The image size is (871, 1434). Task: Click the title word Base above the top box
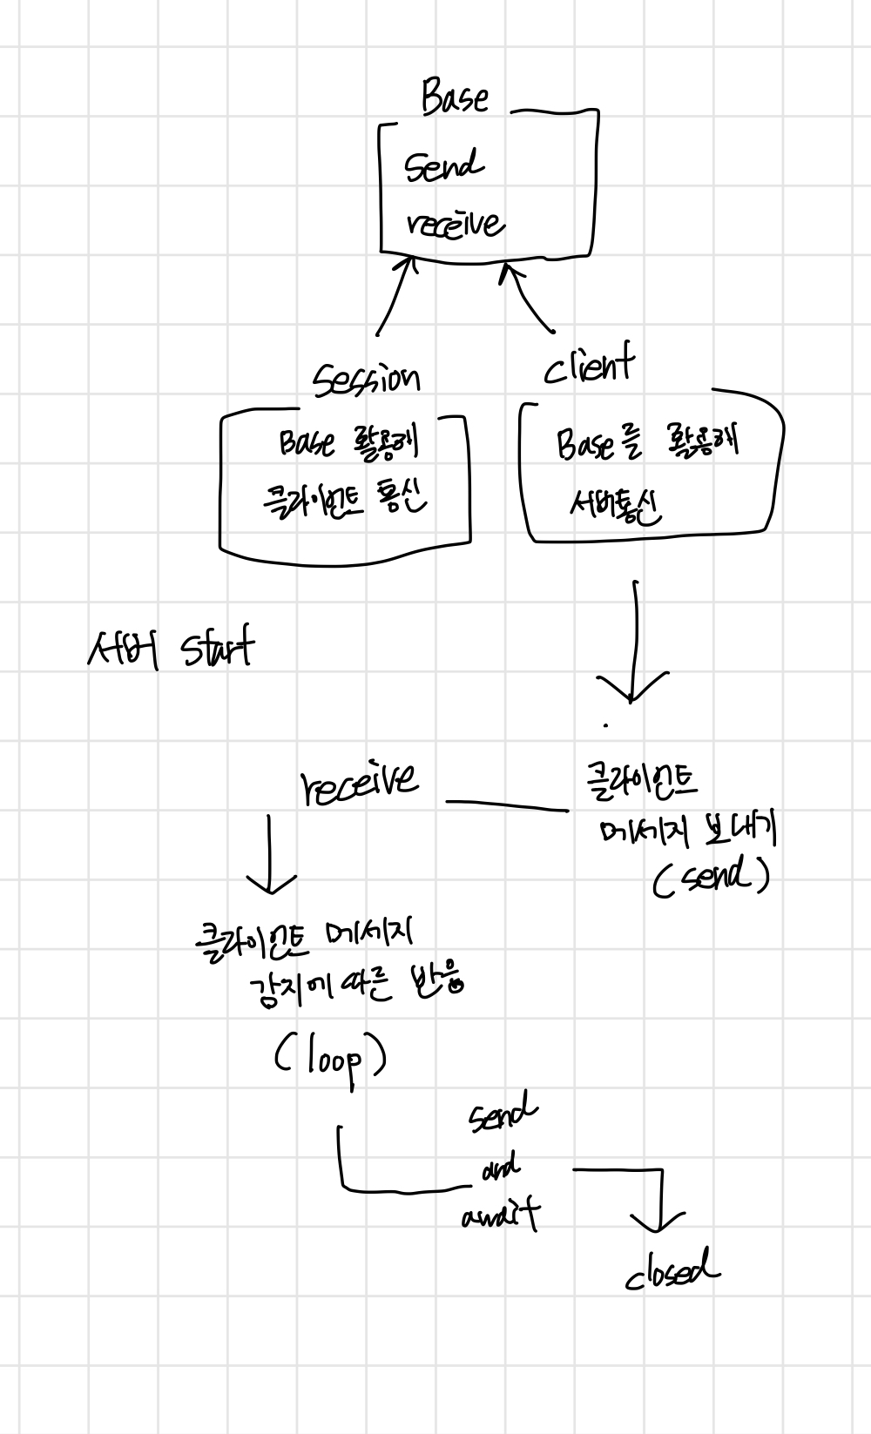coord(455,97)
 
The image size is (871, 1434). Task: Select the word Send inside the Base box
coord(443,165)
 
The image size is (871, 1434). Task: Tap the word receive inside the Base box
coord(455,223)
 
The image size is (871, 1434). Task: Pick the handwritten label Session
coord(367,378)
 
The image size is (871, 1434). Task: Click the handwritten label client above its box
coord(589,367)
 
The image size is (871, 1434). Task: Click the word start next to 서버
coord(218,649)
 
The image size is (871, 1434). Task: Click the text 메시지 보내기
coord(687,831)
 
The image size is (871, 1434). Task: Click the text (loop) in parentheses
coord(330,1060)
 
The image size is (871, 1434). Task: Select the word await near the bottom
coord(501,1214)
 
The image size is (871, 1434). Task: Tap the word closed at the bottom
coord(672,1272)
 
